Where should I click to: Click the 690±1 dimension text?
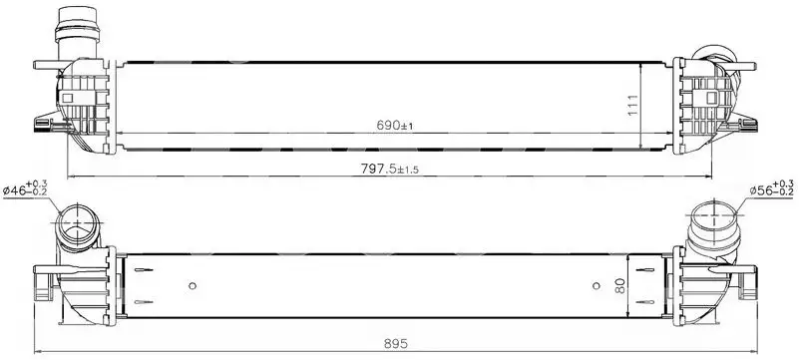(x=394, y=126)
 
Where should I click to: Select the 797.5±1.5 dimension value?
(x=389, y=169)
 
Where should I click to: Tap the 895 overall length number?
(x=396, y=344)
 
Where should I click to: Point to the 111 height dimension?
(x=632, y=106)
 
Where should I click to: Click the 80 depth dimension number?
(x=620, y=286)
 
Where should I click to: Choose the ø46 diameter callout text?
(x=25, y=188)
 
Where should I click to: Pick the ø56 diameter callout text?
(x=771, y=188)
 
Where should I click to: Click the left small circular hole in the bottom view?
(x=193, y=285)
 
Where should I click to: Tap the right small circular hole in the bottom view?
(x=597, y=285)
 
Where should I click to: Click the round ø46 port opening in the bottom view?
(x=77, y=223)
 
